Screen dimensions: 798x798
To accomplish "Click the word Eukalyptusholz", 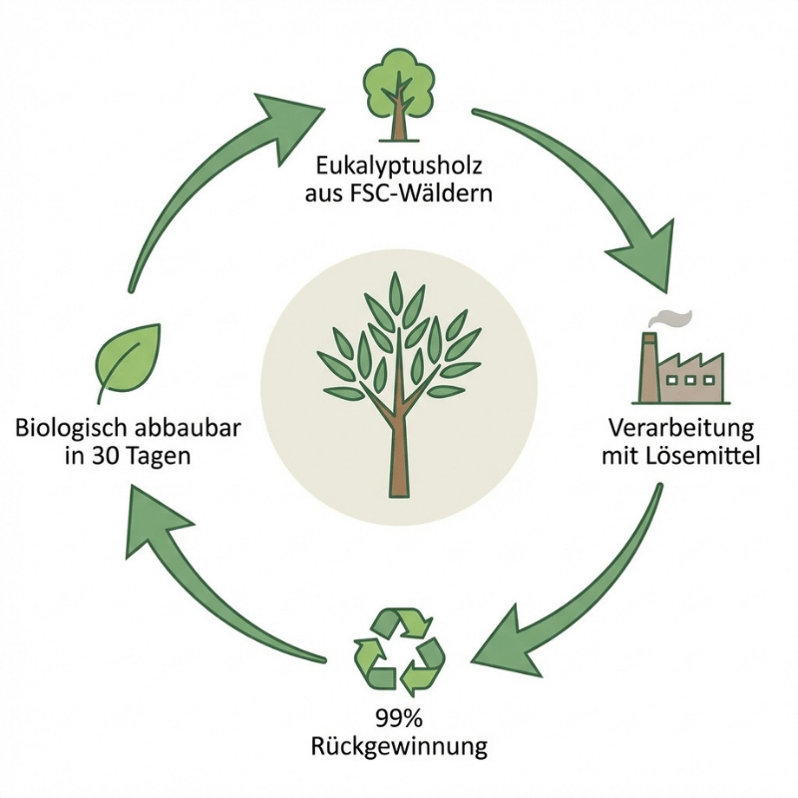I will (398, 164).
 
